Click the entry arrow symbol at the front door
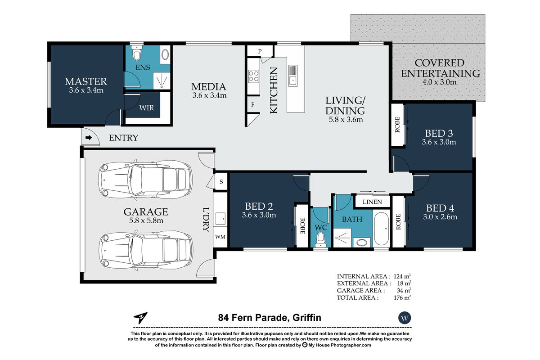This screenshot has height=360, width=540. pyautogui.click(x=89, y=138)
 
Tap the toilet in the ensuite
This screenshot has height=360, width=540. pyautogui.click(x=137, y=53)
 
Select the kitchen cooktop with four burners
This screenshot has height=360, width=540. pyautogui.click(x=254, y=76)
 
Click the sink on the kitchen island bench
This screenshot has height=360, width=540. pyautogui.click(x=293, y=75)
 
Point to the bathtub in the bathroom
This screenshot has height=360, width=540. pyautogui.click(x=382, y=229)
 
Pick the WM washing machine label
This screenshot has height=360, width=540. pyautogui.click(x=220, y=237)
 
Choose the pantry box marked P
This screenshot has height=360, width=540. pyautogui.click(x=260, y=51)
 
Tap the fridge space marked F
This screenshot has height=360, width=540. pyautogui.click(x=252, y=104)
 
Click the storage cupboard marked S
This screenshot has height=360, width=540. pyautogui.click(x=221, y=181)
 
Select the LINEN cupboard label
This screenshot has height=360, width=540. pyautogui.click(x=372, y=202)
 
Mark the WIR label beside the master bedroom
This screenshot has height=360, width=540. pyautogui.click(x=146, y=108)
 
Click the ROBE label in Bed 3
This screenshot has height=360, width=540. pyautogui.click(x=397, y=125)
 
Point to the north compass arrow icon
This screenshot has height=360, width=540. pyautogui.click(x=140, y=318)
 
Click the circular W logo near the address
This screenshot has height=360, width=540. pyautogui.click(x=405, y=318)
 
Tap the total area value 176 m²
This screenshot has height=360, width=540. pyautogui.click(x=402, y=297)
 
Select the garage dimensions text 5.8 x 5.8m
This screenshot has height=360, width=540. pyautogui.click(x=146, y=220)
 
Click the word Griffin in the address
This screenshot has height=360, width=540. pyautogui.click(x=306, y=318)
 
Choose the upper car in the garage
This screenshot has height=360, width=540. pyautogui.click(x=145, y=180)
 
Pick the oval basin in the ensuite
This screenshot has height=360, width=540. pyautogui.click(x=165, y=55)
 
